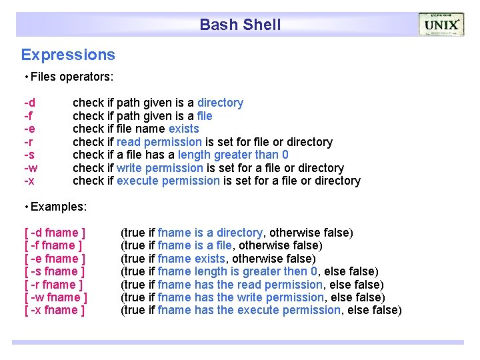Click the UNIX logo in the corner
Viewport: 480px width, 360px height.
[x=441, y=25]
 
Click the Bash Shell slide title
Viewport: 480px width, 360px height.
[x=240, y=25]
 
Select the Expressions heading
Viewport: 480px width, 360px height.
[x=68, y=55]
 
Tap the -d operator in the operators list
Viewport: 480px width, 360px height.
[x=30, y=103]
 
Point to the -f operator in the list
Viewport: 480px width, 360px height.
[x=29, y=116]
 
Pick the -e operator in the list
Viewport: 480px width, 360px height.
[x=30, y=129]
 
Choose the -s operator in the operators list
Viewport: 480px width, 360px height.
[x=30, y=155]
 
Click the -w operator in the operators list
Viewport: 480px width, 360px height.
[x=31, y=168]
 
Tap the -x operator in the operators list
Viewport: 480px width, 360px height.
[x=29, y=181]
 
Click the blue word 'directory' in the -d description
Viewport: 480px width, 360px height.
[x=220, y=103]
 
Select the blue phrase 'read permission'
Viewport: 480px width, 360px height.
[x=159, y=142]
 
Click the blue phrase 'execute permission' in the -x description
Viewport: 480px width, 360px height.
[x=168, y=181]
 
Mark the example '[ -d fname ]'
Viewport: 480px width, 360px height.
[x=55, y=233]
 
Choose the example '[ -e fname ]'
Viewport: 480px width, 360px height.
[x=55, y=259]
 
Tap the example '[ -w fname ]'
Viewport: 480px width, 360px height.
[x=56, y=297]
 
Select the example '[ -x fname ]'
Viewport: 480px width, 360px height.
[x=55, y=310]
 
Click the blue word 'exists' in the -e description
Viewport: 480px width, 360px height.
[x=183, y=129]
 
